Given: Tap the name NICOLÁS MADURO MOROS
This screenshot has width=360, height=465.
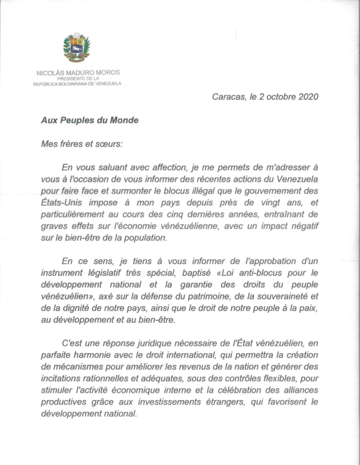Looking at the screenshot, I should pos(77,73).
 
